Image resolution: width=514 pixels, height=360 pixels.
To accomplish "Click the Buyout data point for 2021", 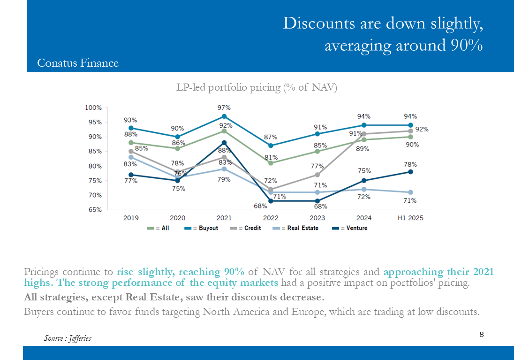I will (224, 116).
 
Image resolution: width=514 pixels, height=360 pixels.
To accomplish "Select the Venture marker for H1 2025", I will (410, 172).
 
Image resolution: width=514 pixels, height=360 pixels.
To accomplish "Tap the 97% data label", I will (224, 107).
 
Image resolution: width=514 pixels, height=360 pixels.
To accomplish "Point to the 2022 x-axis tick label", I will (271, 218).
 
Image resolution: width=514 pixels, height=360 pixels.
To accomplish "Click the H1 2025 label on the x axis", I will (410, 218).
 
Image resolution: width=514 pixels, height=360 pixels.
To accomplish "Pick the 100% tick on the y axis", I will (93, 107).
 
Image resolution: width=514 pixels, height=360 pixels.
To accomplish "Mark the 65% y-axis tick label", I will (95, 210).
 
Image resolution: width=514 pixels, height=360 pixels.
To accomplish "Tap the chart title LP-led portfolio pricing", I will (257, 87).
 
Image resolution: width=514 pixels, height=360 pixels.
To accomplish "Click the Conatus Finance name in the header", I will (78, 63).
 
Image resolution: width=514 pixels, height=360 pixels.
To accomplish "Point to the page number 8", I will (482, 334).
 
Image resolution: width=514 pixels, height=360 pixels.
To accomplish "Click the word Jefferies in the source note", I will (80, 338).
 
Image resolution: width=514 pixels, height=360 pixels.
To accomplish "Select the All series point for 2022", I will (271, 163).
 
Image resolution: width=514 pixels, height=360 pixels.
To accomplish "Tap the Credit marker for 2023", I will (317, 175).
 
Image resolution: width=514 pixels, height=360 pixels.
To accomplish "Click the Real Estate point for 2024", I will (364, 189).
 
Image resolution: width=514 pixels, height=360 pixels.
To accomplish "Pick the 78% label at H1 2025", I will (410, 164).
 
